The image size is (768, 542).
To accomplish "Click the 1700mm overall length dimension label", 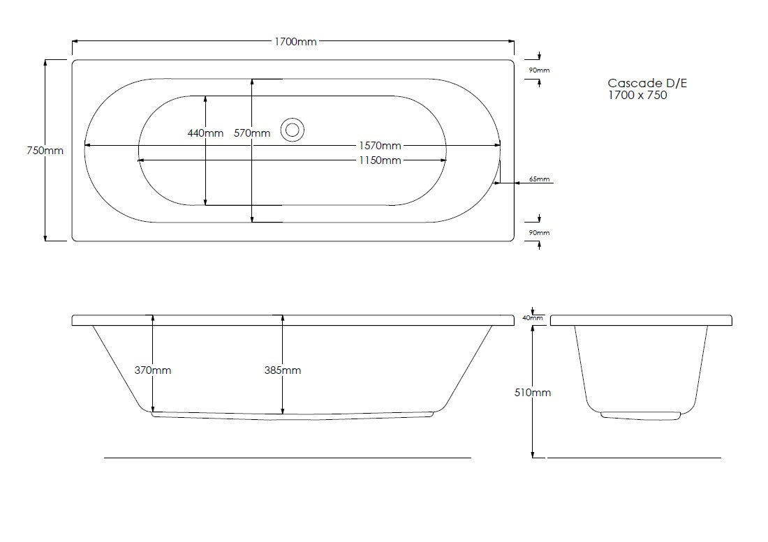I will (294, 42).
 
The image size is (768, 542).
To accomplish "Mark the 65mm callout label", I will (539, 179).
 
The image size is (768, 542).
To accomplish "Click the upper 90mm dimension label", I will (539, 70).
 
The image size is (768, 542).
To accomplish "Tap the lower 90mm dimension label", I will (539, 232).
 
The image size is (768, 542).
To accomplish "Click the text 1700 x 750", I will (637, 96).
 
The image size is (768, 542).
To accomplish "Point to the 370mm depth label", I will (152, 370).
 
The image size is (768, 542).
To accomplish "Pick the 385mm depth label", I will (282, 370).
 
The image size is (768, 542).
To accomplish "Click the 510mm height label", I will (533, 393).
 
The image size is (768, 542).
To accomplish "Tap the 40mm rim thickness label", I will (533, 318).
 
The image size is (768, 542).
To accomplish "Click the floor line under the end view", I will (633, 458).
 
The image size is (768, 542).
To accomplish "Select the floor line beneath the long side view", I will (287, 458).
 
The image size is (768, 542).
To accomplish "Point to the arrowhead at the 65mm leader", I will (517, 183).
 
